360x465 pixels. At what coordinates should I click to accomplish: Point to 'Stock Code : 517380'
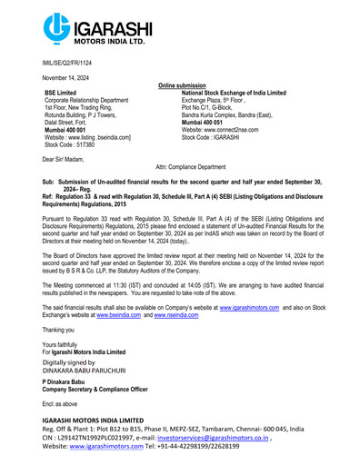[x=66, y=143]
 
